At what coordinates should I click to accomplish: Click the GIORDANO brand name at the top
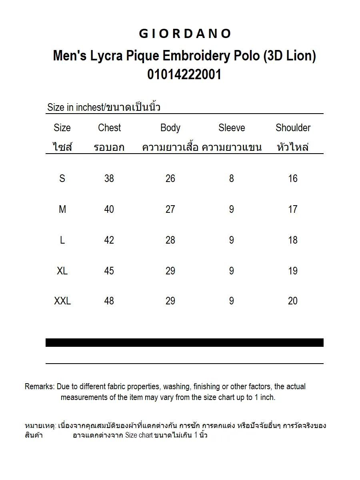(184, 34)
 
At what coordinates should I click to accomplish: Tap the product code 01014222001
(184, 74)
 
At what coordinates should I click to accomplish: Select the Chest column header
(109, 128)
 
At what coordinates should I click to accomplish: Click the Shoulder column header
(293, 128)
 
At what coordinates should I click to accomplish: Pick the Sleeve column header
(232, 128)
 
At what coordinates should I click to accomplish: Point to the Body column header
(170, 128)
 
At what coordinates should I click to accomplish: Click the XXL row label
(62, 301)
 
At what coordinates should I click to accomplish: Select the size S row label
(62, 178)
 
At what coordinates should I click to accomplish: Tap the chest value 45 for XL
(109, 271)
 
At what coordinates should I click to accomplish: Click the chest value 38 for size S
(109, 178)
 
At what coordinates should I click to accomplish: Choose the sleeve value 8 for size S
(231, 178)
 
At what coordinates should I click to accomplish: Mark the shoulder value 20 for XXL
(293, 301)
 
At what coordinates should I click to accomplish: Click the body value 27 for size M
(170, 209)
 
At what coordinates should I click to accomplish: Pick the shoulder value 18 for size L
(293, 240)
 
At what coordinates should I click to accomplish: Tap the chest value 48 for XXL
(109, 301)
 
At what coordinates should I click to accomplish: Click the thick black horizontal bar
(184, 342)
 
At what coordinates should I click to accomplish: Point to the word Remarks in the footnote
(39, 386)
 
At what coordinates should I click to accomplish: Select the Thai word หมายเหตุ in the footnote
(40, 426)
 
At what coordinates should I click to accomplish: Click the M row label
(62, 209)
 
